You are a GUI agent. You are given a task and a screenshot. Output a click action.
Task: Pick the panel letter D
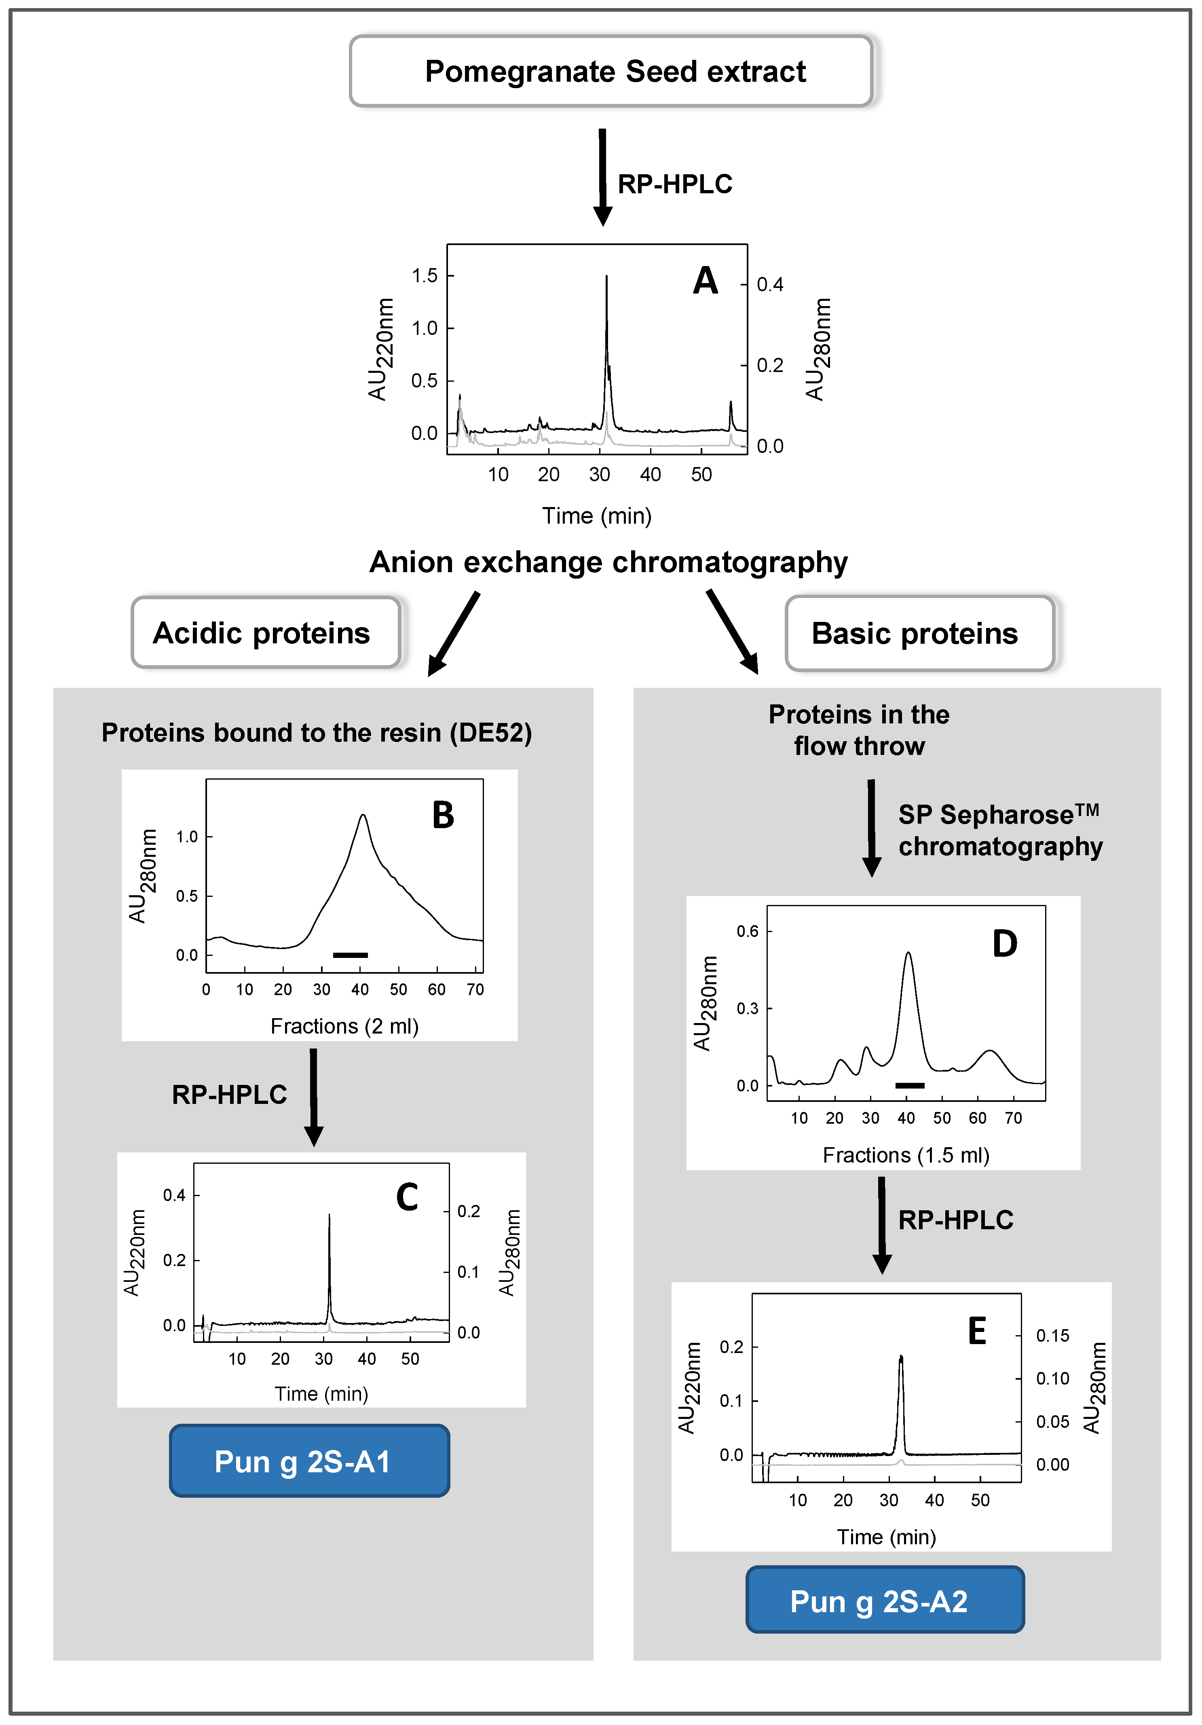(1004, 944)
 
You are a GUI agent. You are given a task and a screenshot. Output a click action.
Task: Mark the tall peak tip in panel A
(606, 277)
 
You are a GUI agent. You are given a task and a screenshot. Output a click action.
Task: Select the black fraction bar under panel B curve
(350, 955)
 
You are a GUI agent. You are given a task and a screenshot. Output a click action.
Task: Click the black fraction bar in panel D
(910, 1085)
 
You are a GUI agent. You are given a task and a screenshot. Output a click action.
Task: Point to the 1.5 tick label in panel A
(425, 276)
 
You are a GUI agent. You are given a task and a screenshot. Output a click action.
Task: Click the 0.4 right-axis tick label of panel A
(770, 285)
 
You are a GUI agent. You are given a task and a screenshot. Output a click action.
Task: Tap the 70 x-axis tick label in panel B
(475, 989)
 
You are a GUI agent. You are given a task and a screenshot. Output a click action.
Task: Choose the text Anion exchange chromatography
(608, 562)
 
